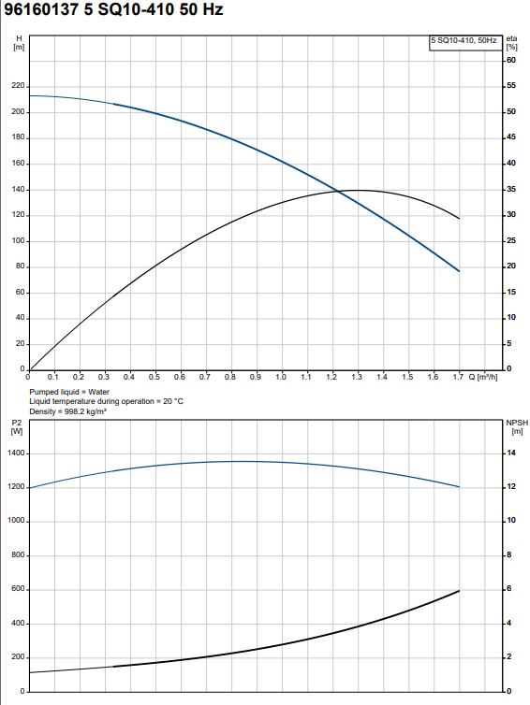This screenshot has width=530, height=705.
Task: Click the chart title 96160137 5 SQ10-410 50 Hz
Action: click(113, 9)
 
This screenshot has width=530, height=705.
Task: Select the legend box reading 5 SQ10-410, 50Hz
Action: click(465, 43)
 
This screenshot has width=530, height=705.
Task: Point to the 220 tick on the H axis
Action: click(19, 85)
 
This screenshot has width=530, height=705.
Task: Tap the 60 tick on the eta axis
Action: click(511, 60)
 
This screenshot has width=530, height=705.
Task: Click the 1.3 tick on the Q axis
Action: click(357, 377)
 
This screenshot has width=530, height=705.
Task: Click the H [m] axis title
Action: click(19, 43)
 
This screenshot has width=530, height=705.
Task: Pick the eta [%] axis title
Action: click(511, 43)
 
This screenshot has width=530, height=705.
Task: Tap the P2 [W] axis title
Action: click(17, 426)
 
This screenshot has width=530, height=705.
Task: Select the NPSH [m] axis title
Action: click(517, 426)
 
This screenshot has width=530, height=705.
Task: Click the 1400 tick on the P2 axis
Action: click(16, 453)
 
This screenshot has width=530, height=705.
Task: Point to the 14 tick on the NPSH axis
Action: click(511, 453)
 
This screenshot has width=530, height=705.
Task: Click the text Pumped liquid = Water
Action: click(69, 392)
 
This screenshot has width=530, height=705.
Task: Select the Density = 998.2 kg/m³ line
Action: click(68, 411)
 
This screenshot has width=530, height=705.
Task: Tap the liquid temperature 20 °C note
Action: click(106, 401)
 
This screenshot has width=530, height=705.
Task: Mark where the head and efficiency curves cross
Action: click(338, 192)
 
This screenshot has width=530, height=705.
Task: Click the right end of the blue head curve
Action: click(459, 271)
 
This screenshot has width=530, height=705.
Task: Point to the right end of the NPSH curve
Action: click(459, 591)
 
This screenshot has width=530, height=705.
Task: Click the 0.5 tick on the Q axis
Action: click(155, 377)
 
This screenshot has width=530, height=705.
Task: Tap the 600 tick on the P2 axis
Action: click(19, 589)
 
